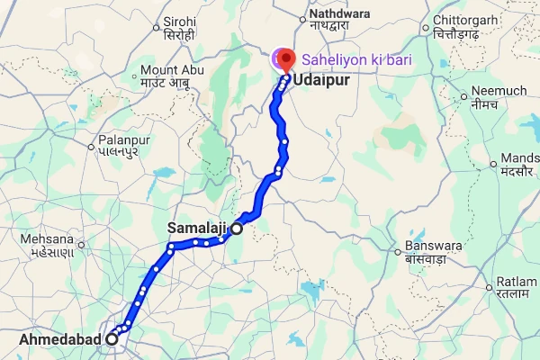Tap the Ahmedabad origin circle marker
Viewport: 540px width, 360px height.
pos(112,339)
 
